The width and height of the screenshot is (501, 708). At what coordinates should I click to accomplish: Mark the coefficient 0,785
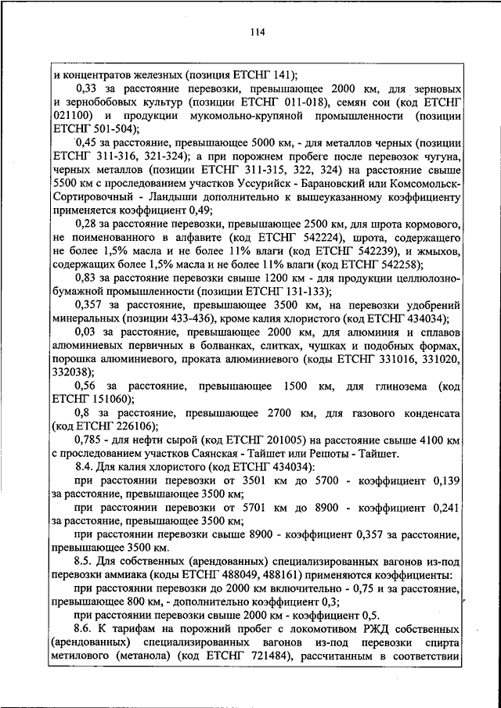pyautogui.click(x=89, y=440)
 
